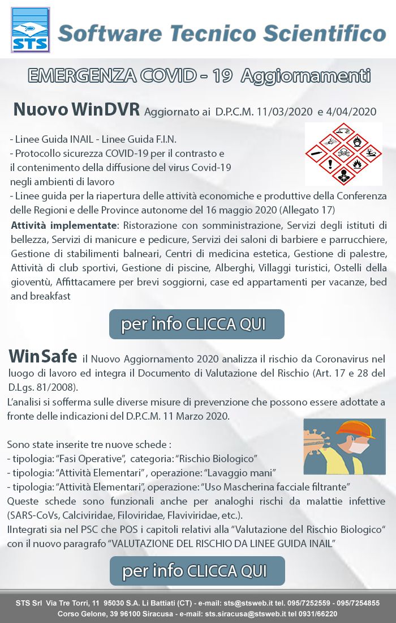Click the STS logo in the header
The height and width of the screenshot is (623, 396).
(30, 30)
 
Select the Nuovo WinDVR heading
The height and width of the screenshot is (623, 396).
(76, 109)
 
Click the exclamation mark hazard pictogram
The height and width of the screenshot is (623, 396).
(330, 164)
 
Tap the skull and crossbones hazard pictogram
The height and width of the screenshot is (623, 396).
(343, 152)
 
